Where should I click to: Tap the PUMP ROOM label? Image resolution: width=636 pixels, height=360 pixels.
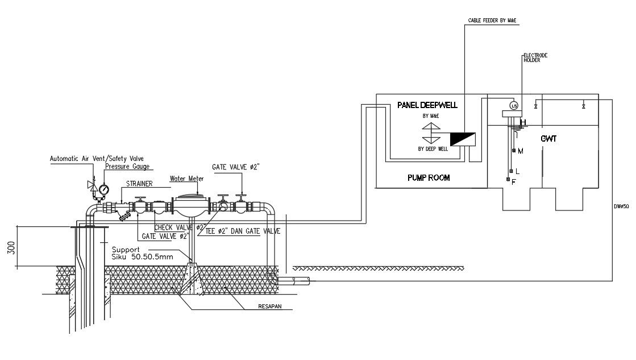429,178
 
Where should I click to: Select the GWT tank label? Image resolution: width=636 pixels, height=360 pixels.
548,138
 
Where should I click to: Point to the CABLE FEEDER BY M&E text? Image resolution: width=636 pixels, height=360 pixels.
492,20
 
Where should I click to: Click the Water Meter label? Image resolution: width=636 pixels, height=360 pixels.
187,179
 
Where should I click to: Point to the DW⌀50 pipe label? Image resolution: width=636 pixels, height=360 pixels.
621,206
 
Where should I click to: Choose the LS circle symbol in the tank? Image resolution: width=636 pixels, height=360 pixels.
514,105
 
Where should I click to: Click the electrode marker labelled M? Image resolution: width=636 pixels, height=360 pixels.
514,151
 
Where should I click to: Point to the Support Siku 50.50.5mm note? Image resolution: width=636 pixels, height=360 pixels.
136,253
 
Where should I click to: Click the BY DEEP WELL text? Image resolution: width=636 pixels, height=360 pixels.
433,149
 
